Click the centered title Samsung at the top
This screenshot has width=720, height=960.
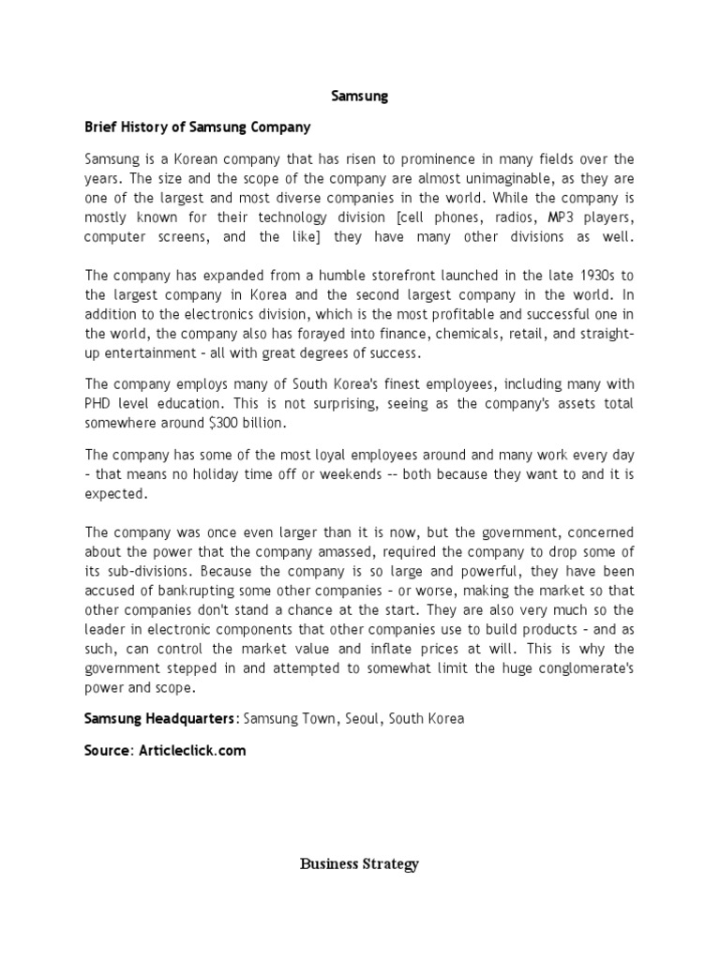tap(360, 96)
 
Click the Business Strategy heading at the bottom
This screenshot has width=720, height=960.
tap(359, 864)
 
